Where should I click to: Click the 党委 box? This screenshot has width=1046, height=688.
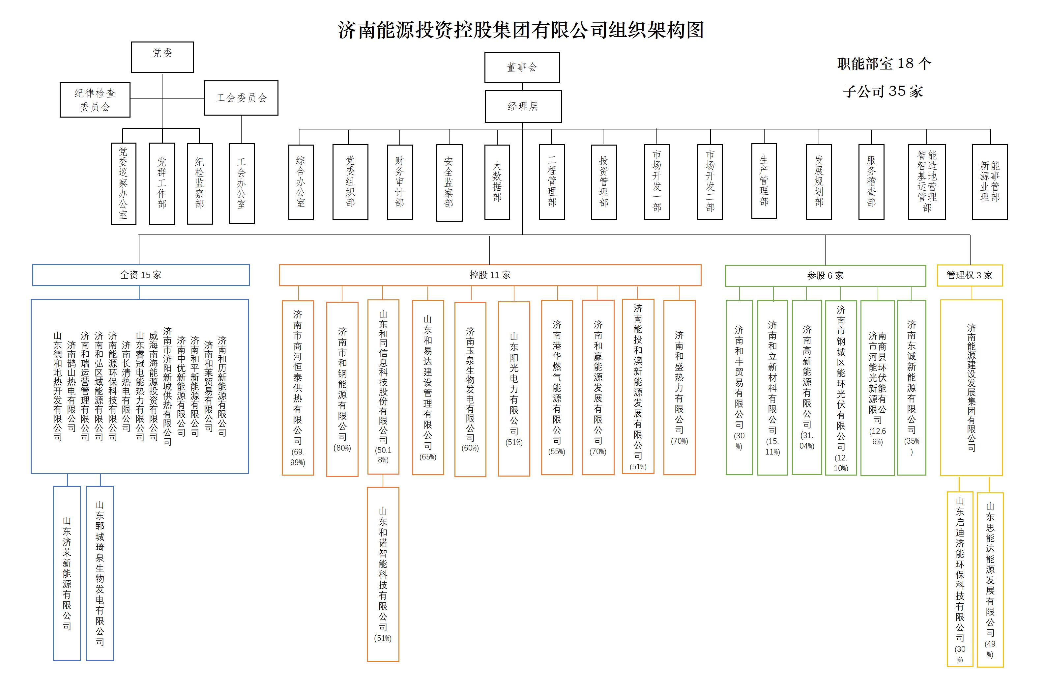coord(162,57)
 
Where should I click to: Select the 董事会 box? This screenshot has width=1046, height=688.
coord(522,67)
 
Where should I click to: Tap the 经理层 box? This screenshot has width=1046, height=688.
coord(523,106)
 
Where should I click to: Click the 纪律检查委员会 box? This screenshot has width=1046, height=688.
coord(95,100)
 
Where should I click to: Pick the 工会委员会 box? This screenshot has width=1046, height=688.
coord(241,97)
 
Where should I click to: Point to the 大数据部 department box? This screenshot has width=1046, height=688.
coord(497,182)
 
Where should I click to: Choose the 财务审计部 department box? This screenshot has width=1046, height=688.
coord(399,182)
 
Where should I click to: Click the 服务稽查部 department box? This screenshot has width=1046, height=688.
coord(871,182)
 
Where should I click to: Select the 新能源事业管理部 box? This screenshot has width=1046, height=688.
coord(989,182)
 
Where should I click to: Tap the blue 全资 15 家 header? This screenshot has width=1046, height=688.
coord(141,275)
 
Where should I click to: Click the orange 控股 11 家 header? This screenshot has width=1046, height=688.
coord(490,275)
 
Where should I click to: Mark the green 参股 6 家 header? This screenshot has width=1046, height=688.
coord(825,275)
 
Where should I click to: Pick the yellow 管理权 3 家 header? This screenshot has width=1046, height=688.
coord(970,275)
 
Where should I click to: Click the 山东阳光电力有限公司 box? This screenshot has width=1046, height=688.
coord(514,388)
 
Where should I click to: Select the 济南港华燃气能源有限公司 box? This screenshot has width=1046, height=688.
coord(557,388)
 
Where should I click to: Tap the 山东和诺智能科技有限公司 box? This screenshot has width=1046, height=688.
coord(383,574)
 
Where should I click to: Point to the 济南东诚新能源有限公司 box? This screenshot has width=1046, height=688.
coord(911,388)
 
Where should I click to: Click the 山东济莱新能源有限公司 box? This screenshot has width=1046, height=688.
coord(67,573)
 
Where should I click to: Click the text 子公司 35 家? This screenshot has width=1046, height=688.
coord(883,91)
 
